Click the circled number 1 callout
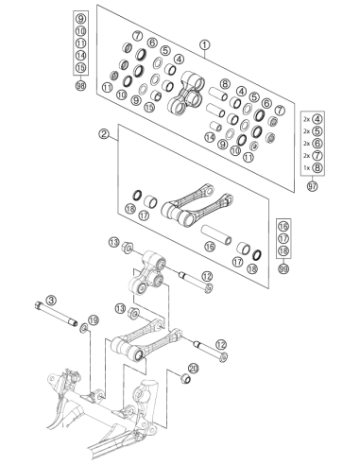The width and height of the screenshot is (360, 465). coord(205,45)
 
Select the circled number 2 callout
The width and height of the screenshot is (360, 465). coord(104,134)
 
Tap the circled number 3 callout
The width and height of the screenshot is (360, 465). coord(51,300)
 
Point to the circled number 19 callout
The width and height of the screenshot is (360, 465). coord(94,320)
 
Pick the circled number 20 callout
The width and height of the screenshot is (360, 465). coord(194,369)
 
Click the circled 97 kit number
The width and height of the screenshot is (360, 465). coord(312,186)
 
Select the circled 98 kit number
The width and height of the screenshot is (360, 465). coord(81,85)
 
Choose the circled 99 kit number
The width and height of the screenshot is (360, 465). coord(283,268)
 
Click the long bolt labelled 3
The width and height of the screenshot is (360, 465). coord(56,314)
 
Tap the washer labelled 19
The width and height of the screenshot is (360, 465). coord(84,328)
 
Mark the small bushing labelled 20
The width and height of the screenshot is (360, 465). coord(186,378)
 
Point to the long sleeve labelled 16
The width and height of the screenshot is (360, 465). coord(216,234)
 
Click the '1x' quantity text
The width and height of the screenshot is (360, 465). coord(307,168)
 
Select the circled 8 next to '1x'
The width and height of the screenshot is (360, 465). coord(317,167)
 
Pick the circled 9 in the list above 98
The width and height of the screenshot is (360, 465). coord(81,19)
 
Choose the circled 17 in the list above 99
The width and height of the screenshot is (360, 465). coord(283,238)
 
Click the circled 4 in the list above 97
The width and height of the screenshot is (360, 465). coord(317,119)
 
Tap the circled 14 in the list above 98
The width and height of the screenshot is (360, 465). coord(81,56)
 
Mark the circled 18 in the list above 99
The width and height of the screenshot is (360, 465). coord(283,250)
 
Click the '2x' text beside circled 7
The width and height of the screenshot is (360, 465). coord(307,156)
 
